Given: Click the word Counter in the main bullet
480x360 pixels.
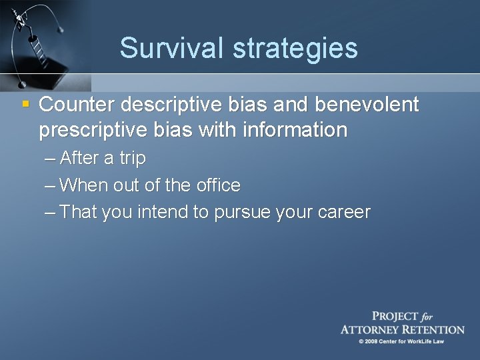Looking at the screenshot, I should (x=76, y=105).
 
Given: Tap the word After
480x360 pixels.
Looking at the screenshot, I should (x=79, y=159).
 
